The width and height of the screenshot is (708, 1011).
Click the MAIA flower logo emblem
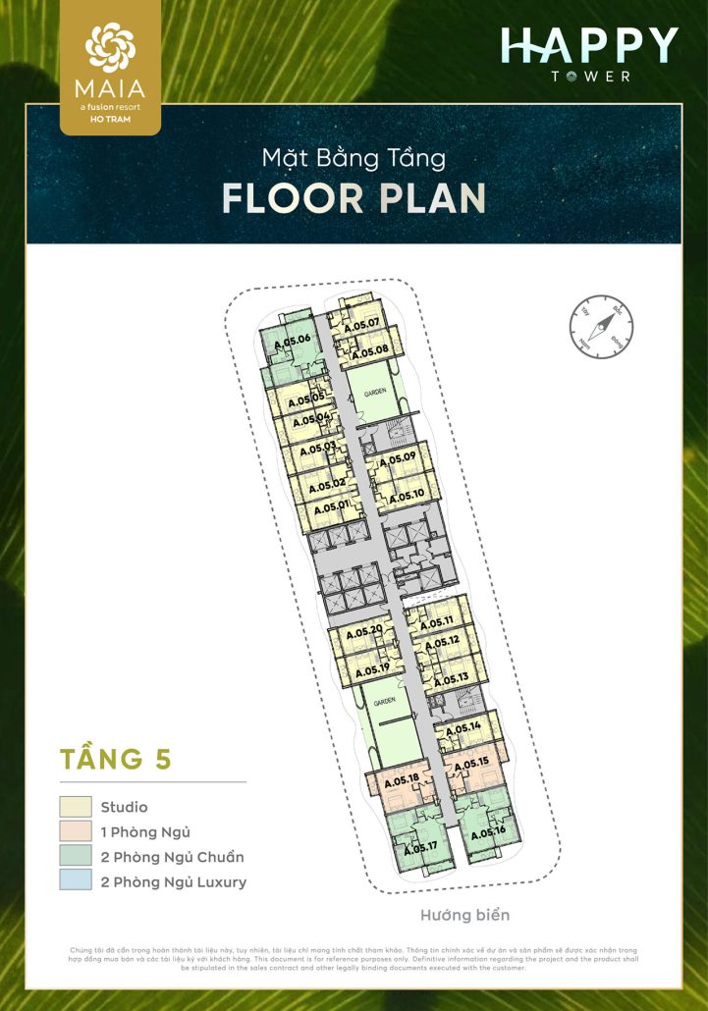point(110,48)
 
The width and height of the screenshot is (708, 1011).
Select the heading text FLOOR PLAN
point(354,197)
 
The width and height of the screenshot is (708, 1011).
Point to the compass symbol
point(600,326)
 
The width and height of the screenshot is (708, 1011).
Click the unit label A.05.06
point(292,340)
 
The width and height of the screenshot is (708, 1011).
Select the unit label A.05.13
point(451,678)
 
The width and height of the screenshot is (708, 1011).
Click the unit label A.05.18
point(402,781)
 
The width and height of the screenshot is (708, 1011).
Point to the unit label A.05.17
point(418,846)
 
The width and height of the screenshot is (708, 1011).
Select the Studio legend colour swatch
point(76,807)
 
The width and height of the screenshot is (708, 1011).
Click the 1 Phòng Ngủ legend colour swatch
point(76,831)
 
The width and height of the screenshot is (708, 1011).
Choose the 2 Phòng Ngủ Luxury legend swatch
point(76,881)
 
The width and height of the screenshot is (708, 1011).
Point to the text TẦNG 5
point(116,759)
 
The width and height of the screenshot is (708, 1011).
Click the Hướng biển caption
point(465,915)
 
